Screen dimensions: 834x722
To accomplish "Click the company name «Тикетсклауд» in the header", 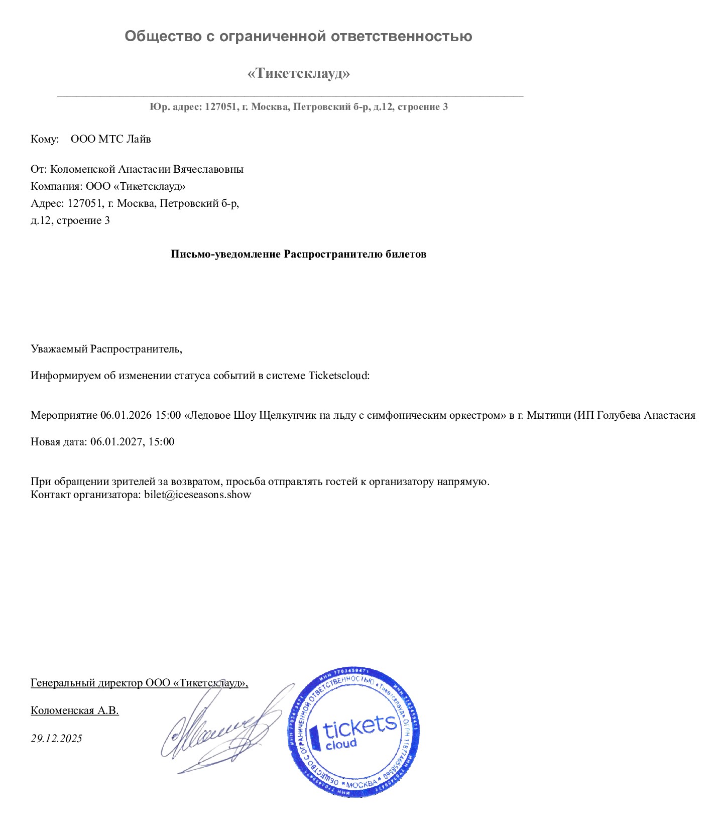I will [x=298, y=73].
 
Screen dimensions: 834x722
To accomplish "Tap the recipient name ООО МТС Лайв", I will [x=110, y=139].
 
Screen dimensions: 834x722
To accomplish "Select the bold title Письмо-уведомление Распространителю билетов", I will [x=298, y=254].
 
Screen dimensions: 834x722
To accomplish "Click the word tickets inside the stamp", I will [x=359, y=726].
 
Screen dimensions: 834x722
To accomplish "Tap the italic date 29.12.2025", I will [x=56, y=738].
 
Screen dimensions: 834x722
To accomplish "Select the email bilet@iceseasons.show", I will [x=197, y=494].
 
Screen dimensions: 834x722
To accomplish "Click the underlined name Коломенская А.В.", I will [x=75, y=710].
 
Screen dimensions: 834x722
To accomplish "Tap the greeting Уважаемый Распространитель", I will [x=106, y=349].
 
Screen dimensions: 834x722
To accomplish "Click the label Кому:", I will [x=45, y=139].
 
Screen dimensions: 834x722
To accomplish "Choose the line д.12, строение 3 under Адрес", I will [x=70, y=220].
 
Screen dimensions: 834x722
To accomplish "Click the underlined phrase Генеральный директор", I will [x=87, y=683].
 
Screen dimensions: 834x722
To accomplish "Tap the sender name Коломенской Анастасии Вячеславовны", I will [x=147, y=169].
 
